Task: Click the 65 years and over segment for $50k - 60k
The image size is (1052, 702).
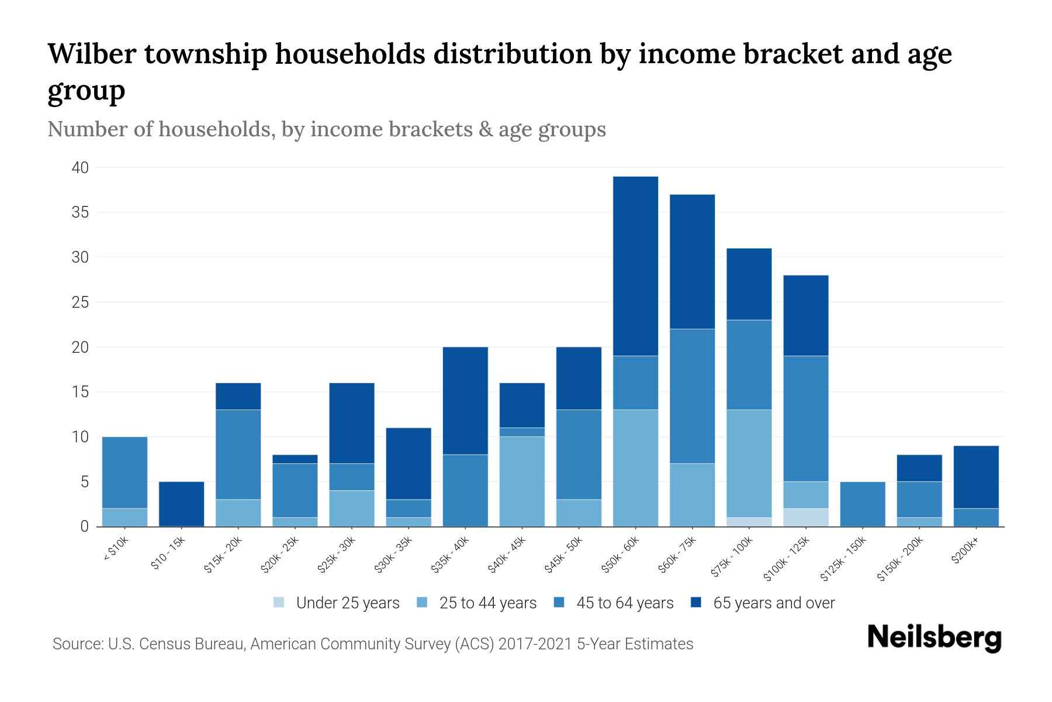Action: pyautogui.click(x=635, y=266)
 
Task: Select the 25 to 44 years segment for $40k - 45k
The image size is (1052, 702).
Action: pyautogui.click(x=522, y=481)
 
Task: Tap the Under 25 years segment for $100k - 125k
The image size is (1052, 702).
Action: pyautogui.click(x=805, y=518)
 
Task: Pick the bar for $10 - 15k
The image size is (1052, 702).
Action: pyautogui.click(x=181, y=504)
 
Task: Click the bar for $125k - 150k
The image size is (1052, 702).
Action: pyautogui.click(x=862, y=504)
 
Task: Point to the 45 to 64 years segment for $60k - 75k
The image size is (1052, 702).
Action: pyautogui.click(x=692, y=396)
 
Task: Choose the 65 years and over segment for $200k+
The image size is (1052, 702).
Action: pyautogui.click(x=975, y=477)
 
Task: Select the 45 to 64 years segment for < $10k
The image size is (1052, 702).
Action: pyautogui.click(x=124, y=473)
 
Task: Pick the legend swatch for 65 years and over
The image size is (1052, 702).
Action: pyautogui.click(x=696, y=603)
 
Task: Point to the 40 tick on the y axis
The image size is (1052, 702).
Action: pyautogui.click(x=80, y=168)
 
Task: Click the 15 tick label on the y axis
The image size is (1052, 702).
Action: pyautogui.click(x=80, y=392)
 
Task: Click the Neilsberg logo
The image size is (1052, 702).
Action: pyautogui.click(x=934, y=638)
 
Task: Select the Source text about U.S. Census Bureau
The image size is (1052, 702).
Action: pyautogui.click(x=372, y=644)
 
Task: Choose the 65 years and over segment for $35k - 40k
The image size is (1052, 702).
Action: pyautogui.click(x=465, y=401)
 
